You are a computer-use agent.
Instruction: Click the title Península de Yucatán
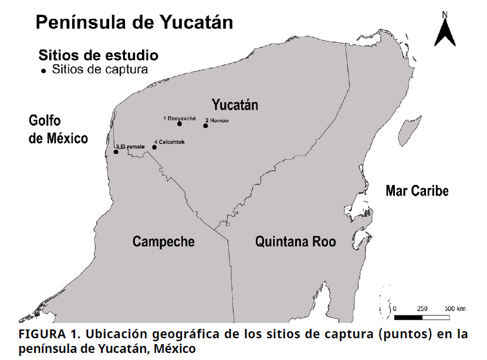click(x=134, y=22)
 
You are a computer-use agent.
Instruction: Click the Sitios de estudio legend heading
click(x=98, y=56)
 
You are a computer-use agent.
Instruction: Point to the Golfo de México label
click(x=58, y=130)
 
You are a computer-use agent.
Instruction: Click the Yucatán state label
click(x=235, y=106)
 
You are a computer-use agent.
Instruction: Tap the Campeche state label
click(x=163, y=241)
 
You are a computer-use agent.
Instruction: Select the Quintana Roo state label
click(x=295, y=241)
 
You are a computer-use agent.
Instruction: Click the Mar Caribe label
click(x=417, y=191)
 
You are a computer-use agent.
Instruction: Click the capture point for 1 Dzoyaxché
click(x=179, y=124)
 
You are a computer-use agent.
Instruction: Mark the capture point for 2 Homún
click(x=206, y=125)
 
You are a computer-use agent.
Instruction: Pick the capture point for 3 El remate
click(x=116, y=152)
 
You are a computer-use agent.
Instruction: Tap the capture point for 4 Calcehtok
click(x=154, y=147)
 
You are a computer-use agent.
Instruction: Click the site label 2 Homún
click(x=217, y=120)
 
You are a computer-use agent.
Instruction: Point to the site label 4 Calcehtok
click(x=170, y=142)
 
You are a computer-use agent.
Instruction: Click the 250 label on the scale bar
click(x=422, y=308)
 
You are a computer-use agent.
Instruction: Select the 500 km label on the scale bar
click(x=455, y=308)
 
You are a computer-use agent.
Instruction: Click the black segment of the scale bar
click(x=408, y=317)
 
